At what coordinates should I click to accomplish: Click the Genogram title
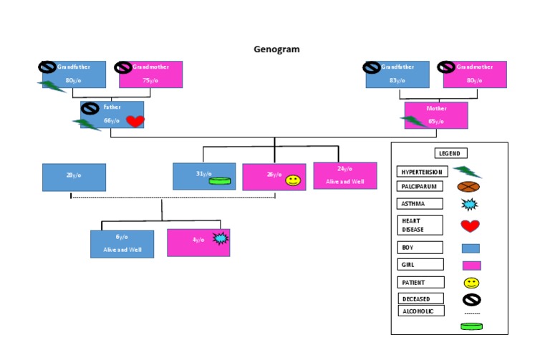[x=276, y=49]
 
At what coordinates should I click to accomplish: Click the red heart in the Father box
[x=135, y=121]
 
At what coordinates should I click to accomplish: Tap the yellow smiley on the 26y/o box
[x=292, y=181]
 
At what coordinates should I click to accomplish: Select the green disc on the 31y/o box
[x=218, y=181]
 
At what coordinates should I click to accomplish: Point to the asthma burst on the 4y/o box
[x=220, y=238]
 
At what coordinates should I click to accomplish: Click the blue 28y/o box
[x=74, y=177]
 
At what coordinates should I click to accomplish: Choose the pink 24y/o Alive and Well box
[x=344, y=175]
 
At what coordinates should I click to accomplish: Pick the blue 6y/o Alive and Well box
[x=122, y=243]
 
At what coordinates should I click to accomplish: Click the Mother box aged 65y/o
[x=436, y=115]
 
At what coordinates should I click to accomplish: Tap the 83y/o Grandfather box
[x=397, y=74]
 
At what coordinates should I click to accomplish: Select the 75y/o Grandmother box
[x=150, y=74]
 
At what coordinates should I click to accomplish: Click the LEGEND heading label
[x=451, y=153]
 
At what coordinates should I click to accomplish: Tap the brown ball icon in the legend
[x=468, y=187]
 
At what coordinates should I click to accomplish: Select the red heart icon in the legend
[x=470, y=226]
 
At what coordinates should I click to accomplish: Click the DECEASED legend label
[x=420, y=298]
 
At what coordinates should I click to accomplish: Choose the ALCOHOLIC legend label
[x=420, y=311]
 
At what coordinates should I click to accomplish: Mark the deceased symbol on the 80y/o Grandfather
[x=47, y=67]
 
